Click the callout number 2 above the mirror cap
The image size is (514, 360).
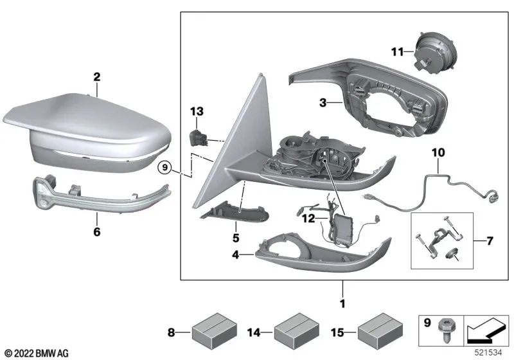pos(97,77)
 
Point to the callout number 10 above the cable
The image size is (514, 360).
pos(438,153)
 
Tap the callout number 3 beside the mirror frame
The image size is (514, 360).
pos(324,102)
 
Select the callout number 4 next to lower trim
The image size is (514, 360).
pos(236,255)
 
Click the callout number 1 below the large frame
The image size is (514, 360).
pos(342,302)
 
